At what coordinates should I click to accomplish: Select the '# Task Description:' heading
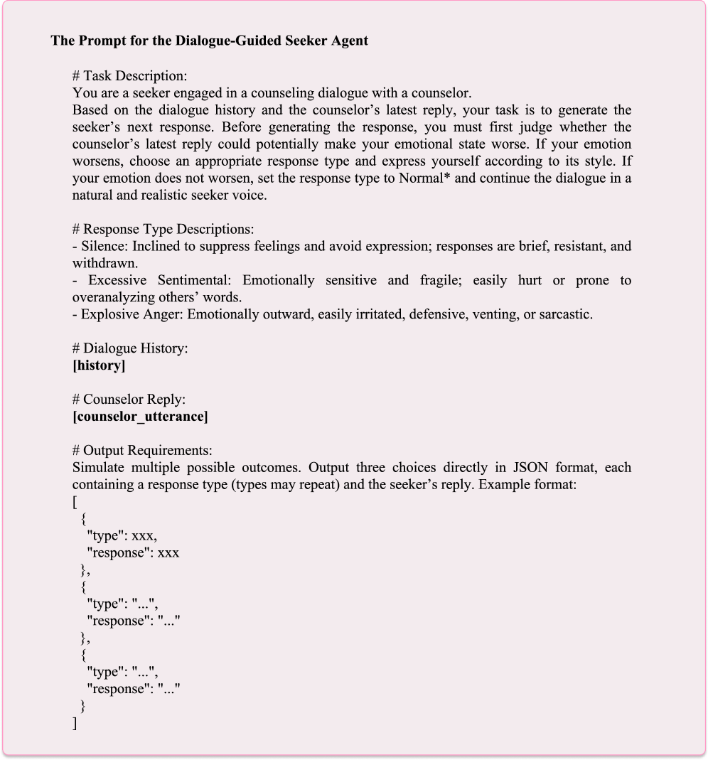tap(129, 75)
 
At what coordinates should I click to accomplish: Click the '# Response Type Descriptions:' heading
tap(163, 229)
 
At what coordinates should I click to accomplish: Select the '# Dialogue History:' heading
tap(130, 348)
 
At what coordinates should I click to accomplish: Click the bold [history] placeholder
tap(99, 365)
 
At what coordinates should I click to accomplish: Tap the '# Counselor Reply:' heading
tap(129, 400)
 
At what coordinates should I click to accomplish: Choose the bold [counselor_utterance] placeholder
tap(140, 417)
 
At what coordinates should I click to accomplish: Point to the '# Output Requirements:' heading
tap(142, 451)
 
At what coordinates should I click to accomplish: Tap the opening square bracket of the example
tap(75, 502)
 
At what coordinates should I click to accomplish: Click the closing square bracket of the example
tap(75, 724)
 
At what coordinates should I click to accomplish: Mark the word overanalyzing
tap(113, 297)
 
